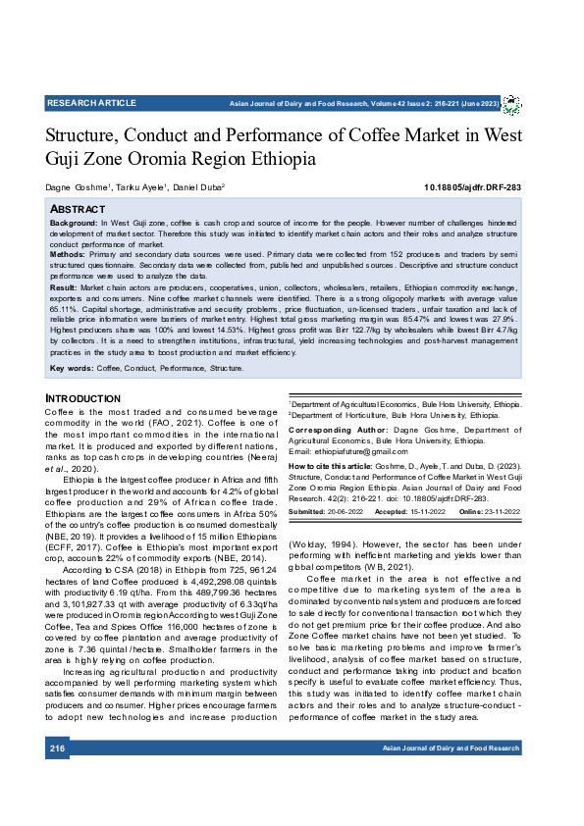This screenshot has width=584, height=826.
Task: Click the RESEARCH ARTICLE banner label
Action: pos(91,103)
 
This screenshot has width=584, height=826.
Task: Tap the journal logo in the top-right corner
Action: pos(511,104)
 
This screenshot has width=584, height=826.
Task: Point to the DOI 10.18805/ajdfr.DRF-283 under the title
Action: pos(472,186)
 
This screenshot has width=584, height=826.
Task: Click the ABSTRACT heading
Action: pos(78,209)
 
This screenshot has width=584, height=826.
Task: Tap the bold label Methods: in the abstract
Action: pos(69,253)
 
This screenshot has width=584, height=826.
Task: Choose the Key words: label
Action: pos(72,368)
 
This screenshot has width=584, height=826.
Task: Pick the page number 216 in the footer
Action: pos(57,749)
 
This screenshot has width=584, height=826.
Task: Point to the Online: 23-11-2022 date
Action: pos(483,512)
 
